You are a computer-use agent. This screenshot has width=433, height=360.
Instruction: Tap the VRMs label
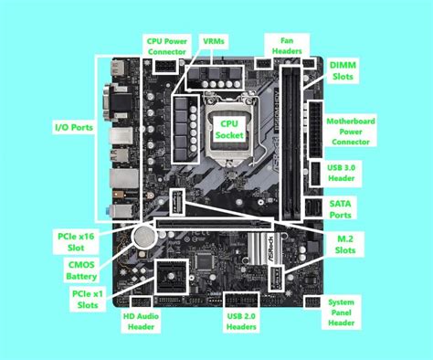[x=216, y=41]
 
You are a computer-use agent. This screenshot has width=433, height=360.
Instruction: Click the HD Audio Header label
[x=142, y=321]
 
